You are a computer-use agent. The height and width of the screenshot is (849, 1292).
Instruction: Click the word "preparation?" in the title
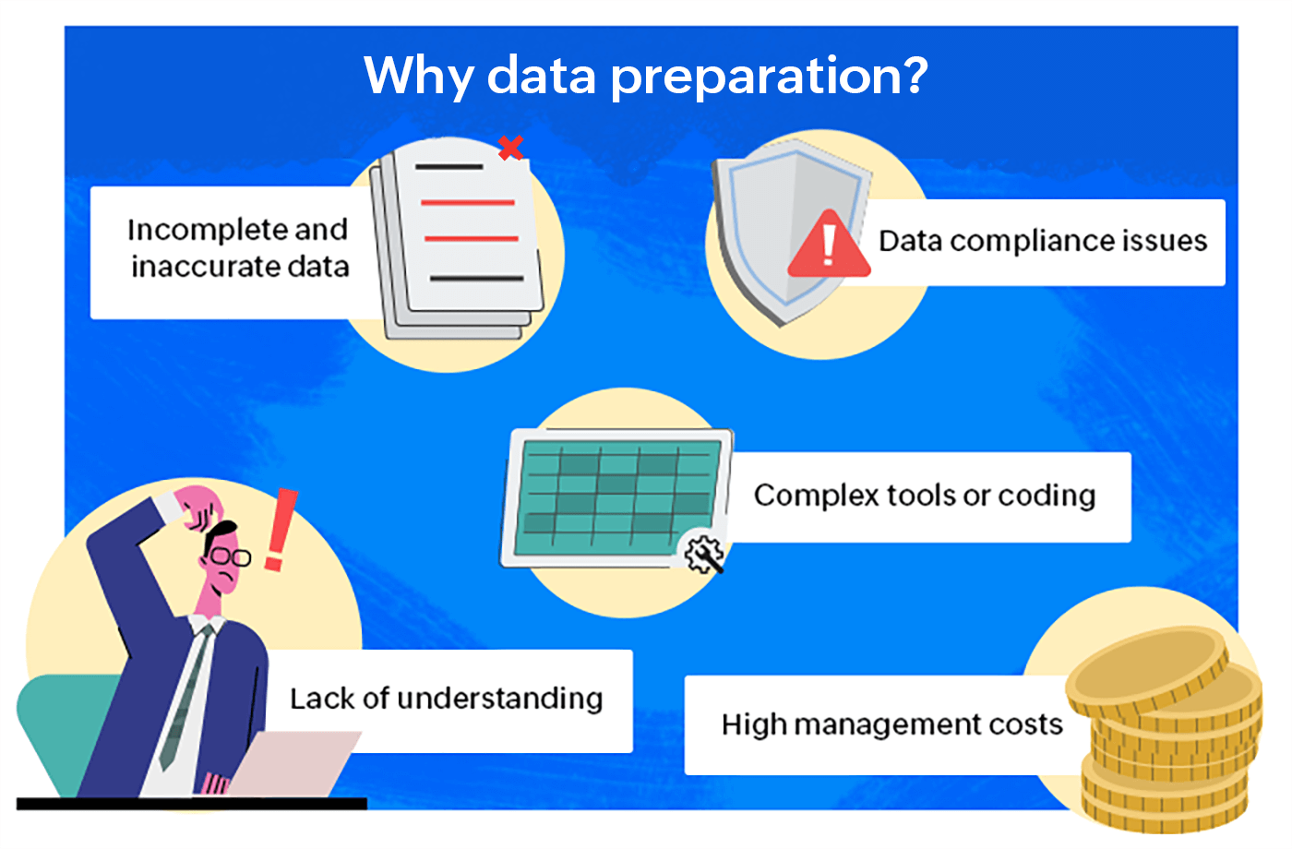pyautogui.click(x=769, y=76)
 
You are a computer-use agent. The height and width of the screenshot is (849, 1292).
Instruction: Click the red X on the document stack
pyautogui.click(x=510, y=147)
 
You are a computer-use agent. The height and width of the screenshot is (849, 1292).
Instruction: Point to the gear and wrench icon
pyautogui.click(x=703, y=554)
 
